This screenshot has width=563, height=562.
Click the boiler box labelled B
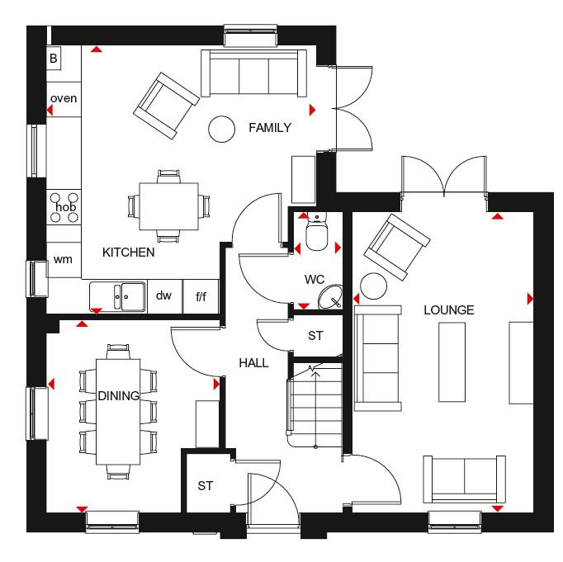click(x=54, y=58)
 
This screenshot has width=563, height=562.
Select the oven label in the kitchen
click(x=64, y=98)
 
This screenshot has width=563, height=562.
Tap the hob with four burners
click(x=65, y=206)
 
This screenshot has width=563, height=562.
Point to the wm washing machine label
click(x=63, y=259)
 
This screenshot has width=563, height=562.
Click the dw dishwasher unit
click(x=163, y=295)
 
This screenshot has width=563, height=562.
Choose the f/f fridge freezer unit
click(x=201, y=295)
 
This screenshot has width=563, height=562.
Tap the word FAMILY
click(x=270, y=127)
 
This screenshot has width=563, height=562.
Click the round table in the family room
click(x=221, y=128)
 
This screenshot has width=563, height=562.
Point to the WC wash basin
click(x=332, y=296)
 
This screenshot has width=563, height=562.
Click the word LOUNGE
click(x=448, y=310)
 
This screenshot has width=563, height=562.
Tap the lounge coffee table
click(x=452, y=363)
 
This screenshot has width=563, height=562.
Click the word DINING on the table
click(x=118, y=396)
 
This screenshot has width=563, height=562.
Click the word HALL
click(x=253, y=362)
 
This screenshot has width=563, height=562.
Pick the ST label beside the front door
click(x=206, y=486)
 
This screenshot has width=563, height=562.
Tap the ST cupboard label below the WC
click(x=315, y=336)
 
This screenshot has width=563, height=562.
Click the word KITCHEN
click(x=128, y=252)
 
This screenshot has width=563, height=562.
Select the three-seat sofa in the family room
click(x=254, y=74)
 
